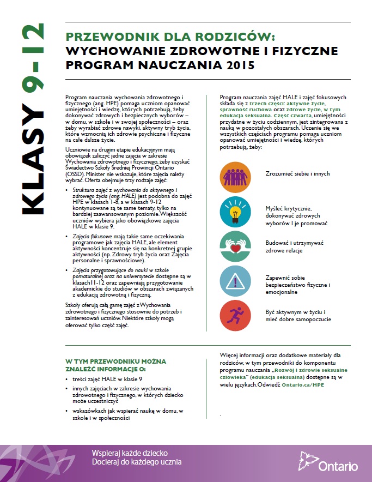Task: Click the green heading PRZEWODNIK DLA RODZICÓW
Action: click(x=170, y=37)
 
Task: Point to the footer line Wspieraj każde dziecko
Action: click(x=130, y=453)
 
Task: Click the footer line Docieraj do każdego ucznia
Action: click(x=137, y=462)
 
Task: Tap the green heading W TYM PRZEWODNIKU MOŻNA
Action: click(x=116, y=361)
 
